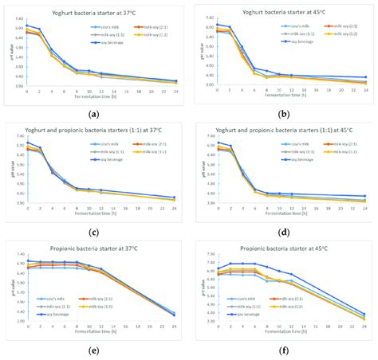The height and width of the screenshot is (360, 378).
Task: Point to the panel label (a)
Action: (95, 113)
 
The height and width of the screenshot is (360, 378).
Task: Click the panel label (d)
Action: (283, 233)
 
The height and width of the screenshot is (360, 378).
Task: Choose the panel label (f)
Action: (283, 350)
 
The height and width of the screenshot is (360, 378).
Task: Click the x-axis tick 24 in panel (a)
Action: (176, 92)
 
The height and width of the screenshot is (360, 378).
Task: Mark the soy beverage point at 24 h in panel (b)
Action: (364, 77)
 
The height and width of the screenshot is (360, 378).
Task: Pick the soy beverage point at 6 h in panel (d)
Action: (254, 190)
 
